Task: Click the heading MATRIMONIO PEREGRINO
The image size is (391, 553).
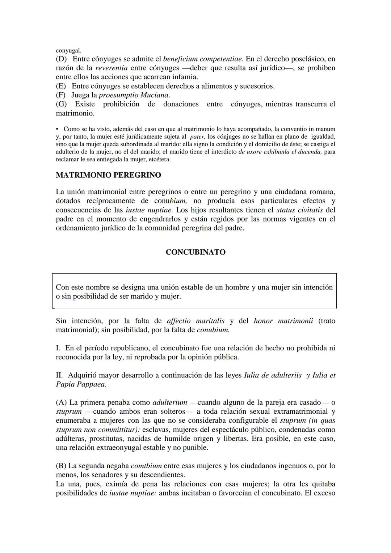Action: pos(108,175)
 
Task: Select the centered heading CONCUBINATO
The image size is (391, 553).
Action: pos(195,252)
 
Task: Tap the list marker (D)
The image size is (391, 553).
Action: pos(61,59)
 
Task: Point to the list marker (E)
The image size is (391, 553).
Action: pos(61,86)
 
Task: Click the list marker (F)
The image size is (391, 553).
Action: pos(60,95)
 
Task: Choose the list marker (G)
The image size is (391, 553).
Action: pos(61,104)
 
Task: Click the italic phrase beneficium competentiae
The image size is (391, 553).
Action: pos(202,59)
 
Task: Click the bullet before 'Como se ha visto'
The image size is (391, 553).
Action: pos(58,129)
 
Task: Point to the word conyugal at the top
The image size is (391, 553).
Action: pos(68,51)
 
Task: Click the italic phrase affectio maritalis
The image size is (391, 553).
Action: pos(195,321)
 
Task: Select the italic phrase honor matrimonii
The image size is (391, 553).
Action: pos(283,321)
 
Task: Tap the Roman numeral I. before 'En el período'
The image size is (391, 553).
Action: pos(58,348)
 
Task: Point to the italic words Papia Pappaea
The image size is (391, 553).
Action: pos(81,384)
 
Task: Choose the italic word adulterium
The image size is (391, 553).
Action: pos(170,402)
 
